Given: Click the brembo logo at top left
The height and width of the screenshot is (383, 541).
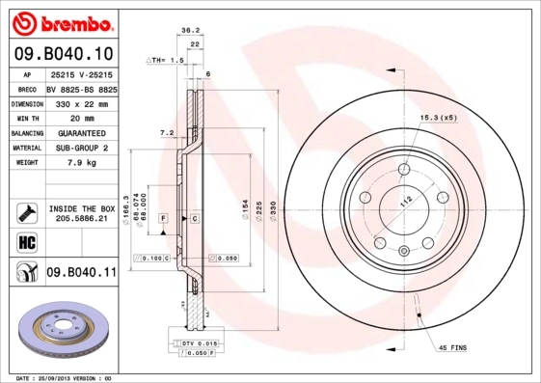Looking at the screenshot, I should pyautogui.click(x=61, y=21).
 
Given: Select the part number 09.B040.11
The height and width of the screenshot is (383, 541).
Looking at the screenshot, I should pyautogui.click(x=81, y=273).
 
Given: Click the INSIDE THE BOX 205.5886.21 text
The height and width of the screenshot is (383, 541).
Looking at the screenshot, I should pyautogui.click(x=82, y=213).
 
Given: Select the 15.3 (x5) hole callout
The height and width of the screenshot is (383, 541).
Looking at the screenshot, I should pyautogui.click(x=436, y=118).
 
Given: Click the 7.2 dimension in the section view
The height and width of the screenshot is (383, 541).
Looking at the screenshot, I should pyautogui.click(x=165, y=132).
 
